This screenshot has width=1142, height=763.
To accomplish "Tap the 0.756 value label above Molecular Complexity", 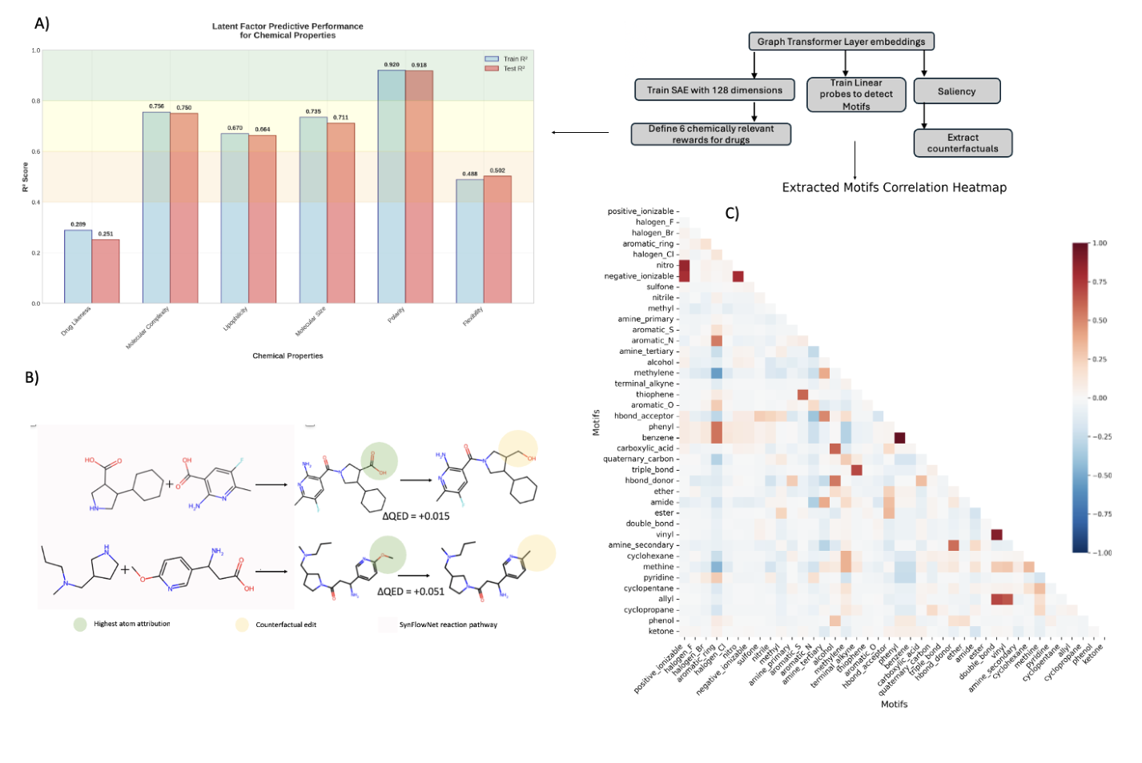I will coord(156,106).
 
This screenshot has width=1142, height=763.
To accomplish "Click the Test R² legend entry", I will coord(513,69).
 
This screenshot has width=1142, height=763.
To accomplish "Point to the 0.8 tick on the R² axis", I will coord(35,101).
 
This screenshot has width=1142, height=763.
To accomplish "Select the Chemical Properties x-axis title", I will coord(288,355).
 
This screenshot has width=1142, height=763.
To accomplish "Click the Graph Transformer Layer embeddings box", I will coord(841,42).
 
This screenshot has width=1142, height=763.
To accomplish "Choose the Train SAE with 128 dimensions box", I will coord(714,90).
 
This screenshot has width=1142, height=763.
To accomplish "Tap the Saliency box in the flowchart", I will coord(956,91).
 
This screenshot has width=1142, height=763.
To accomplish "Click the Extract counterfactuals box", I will coord(963,143).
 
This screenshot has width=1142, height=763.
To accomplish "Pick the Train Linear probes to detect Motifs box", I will coord(855,94).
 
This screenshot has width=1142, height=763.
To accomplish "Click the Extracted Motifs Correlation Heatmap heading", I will coord(894,187).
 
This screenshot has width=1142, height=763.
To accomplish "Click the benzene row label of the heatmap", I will coord(657,438).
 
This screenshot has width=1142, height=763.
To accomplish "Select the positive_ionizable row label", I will coord(641,211).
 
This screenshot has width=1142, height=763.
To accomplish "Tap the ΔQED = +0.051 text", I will coord(410,592).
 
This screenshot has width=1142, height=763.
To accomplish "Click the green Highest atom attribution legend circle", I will coord(80,624).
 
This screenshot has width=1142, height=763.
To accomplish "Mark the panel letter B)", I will coord(32,377).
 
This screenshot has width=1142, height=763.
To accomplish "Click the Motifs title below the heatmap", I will coord(894,704).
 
